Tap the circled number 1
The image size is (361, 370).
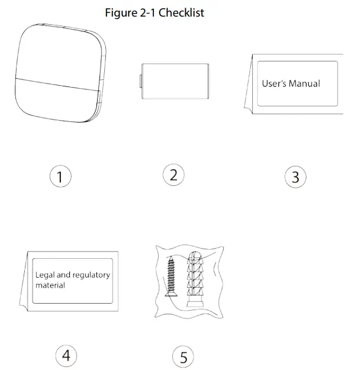(x=60, y=176)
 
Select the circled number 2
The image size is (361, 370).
(x=173, y=175)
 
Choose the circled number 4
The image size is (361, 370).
(x=66, y=355)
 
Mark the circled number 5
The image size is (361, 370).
(x=183, y=357)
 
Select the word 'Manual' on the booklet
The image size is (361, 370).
(x=304, y=83)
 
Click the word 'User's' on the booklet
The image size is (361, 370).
(x=274, y=83)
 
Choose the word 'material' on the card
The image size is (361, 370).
(x=50, y=285)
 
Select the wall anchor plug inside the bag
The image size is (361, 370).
(x=196, y=278)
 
